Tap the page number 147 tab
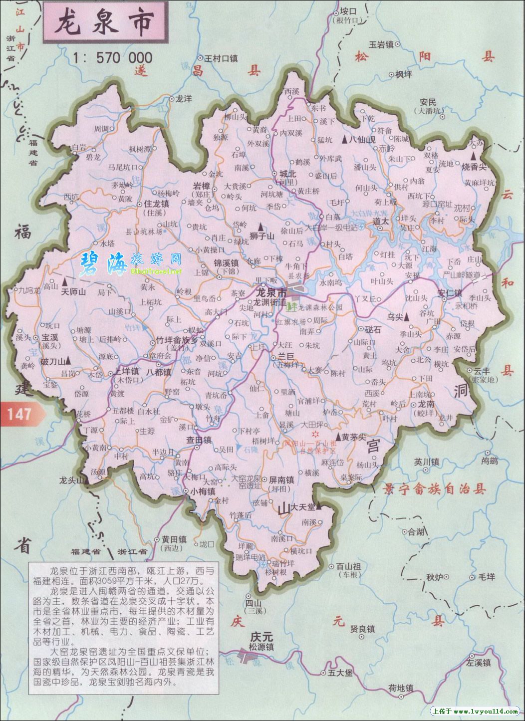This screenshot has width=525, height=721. [x=19, y=413]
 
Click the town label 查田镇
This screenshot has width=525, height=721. [x=199, y=440]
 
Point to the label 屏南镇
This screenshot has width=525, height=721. [x=281, y=480]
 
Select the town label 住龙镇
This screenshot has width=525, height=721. [x=156, y=204]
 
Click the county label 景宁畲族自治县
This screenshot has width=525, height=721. [x=435, y=488]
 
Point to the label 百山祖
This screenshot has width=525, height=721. [x=348, y=566]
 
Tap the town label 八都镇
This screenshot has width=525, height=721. [x=159, y=372]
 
